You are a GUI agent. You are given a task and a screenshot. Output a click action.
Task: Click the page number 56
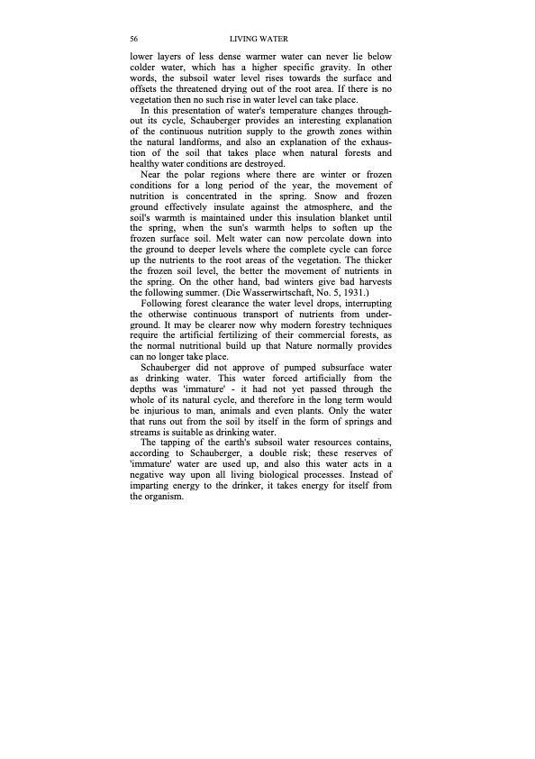pos(134,40)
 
